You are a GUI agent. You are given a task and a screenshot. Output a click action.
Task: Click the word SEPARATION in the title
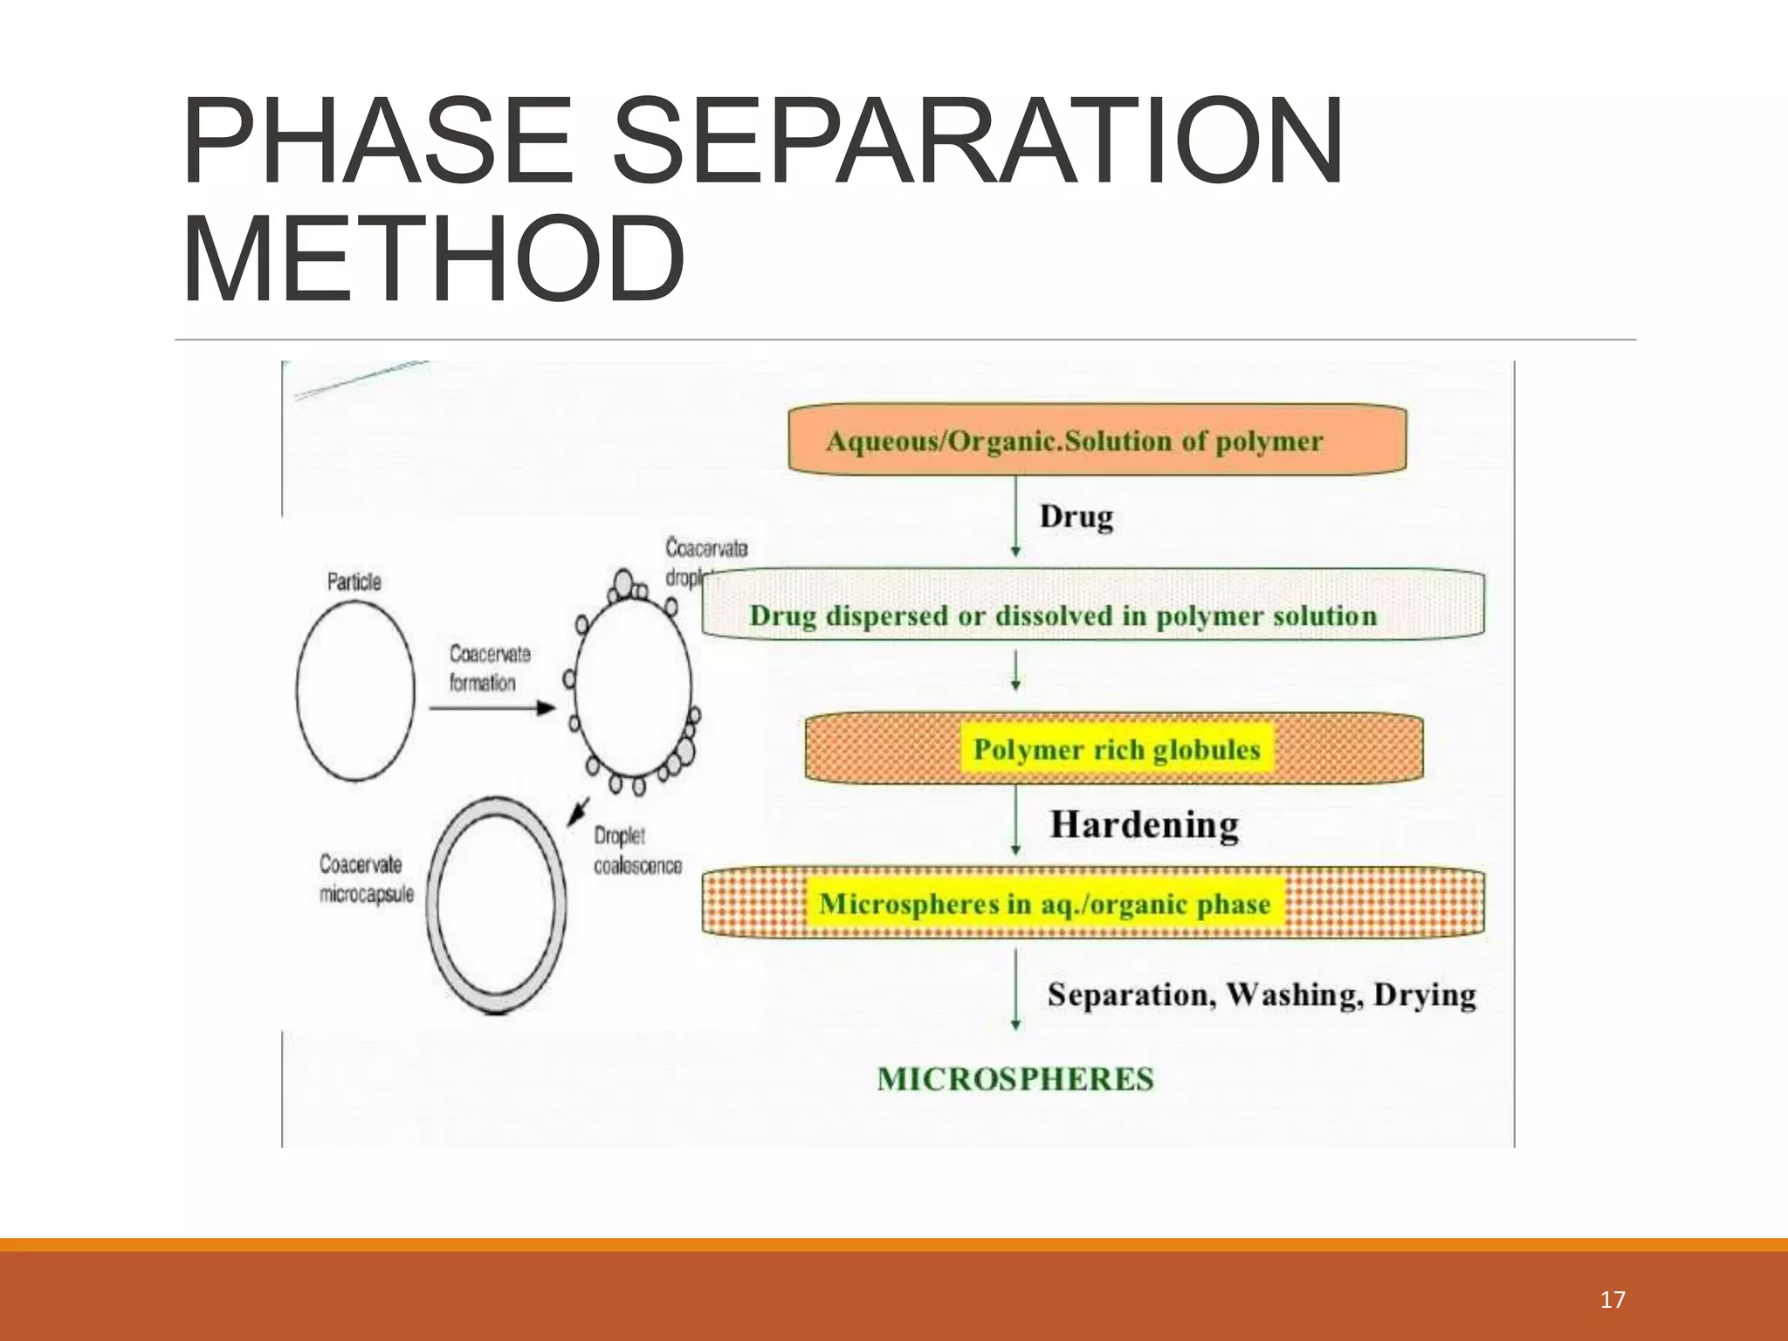[x=977, y=141]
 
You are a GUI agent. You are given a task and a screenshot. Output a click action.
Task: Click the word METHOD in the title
[x=434, y=260]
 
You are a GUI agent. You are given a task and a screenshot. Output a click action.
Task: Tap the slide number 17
[x=1613, y=1300]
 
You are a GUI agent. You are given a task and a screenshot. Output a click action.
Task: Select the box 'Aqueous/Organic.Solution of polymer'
[x=1097, y=440]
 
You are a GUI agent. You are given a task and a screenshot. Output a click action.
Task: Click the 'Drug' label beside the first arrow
[x=1076, y=517]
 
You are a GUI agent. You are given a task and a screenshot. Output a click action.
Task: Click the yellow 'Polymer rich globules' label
[x=1117, y=749]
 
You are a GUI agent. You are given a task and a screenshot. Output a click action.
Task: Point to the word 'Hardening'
[x=1144, y=825]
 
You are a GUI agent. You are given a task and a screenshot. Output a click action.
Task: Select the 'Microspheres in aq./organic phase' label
[x=1044, y=904]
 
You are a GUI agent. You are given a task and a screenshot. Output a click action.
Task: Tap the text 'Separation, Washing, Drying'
[x=1262, y=995]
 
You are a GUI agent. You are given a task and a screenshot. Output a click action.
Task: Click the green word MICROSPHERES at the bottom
[x=1015, y=1079]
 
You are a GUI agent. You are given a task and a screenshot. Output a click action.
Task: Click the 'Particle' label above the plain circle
[x=354, y=581]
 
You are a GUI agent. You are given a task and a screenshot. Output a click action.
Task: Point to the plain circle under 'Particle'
[x=355, y=690]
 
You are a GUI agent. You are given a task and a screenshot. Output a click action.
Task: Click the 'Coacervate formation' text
[x=489, y=668]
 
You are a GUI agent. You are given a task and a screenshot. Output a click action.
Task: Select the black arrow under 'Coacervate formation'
[x=492, y=707]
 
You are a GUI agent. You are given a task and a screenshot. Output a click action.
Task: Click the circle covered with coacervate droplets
[x=633, y=685]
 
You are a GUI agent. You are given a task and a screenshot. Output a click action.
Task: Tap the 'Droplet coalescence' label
[x=636, y=850]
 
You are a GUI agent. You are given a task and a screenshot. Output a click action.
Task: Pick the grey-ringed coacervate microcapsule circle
[x=496, y=904]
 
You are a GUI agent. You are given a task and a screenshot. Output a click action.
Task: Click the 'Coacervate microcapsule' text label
[x=366, y=879]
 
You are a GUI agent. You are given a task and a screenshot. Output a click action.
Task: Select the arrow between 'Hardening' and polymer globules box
[x=1015, y=821]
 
